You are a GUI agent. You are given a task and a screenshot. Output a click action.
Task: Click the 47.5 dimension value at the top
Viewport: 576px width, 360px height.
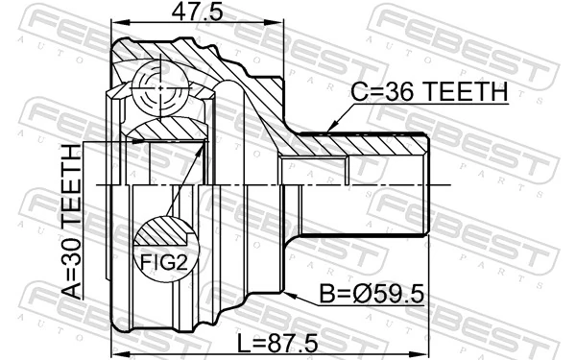pyautogui.click(x=197, y=12)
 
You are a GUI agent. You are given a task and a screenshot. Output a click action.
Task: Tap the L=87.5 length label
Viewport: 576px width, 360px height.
pyautogui.click(x=277, y=344)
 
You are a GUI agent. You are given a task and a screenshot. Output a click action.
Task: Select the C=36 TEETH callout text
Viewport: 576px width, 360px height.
pyautogui.click(x=429, y=91)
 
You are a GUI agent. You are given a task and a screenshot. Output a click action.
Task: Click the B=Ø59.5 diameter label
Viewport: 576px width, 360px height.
pyautogui.click(x=372, y=295)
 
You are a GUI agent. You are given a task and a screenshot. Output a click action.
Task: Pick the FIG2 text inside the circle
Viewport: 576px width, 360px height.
pyautogui.click(x=164, y=262)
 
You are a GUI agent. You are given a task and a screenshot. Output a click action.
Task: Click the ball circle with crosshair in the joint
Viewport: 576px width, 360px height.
pyautogui.click(x=160, y=88)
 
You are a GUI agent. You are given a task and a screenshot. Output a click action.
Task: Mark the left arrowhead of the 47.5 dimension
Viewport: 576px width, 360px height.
pyautogui.click(x=118, y=23)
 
